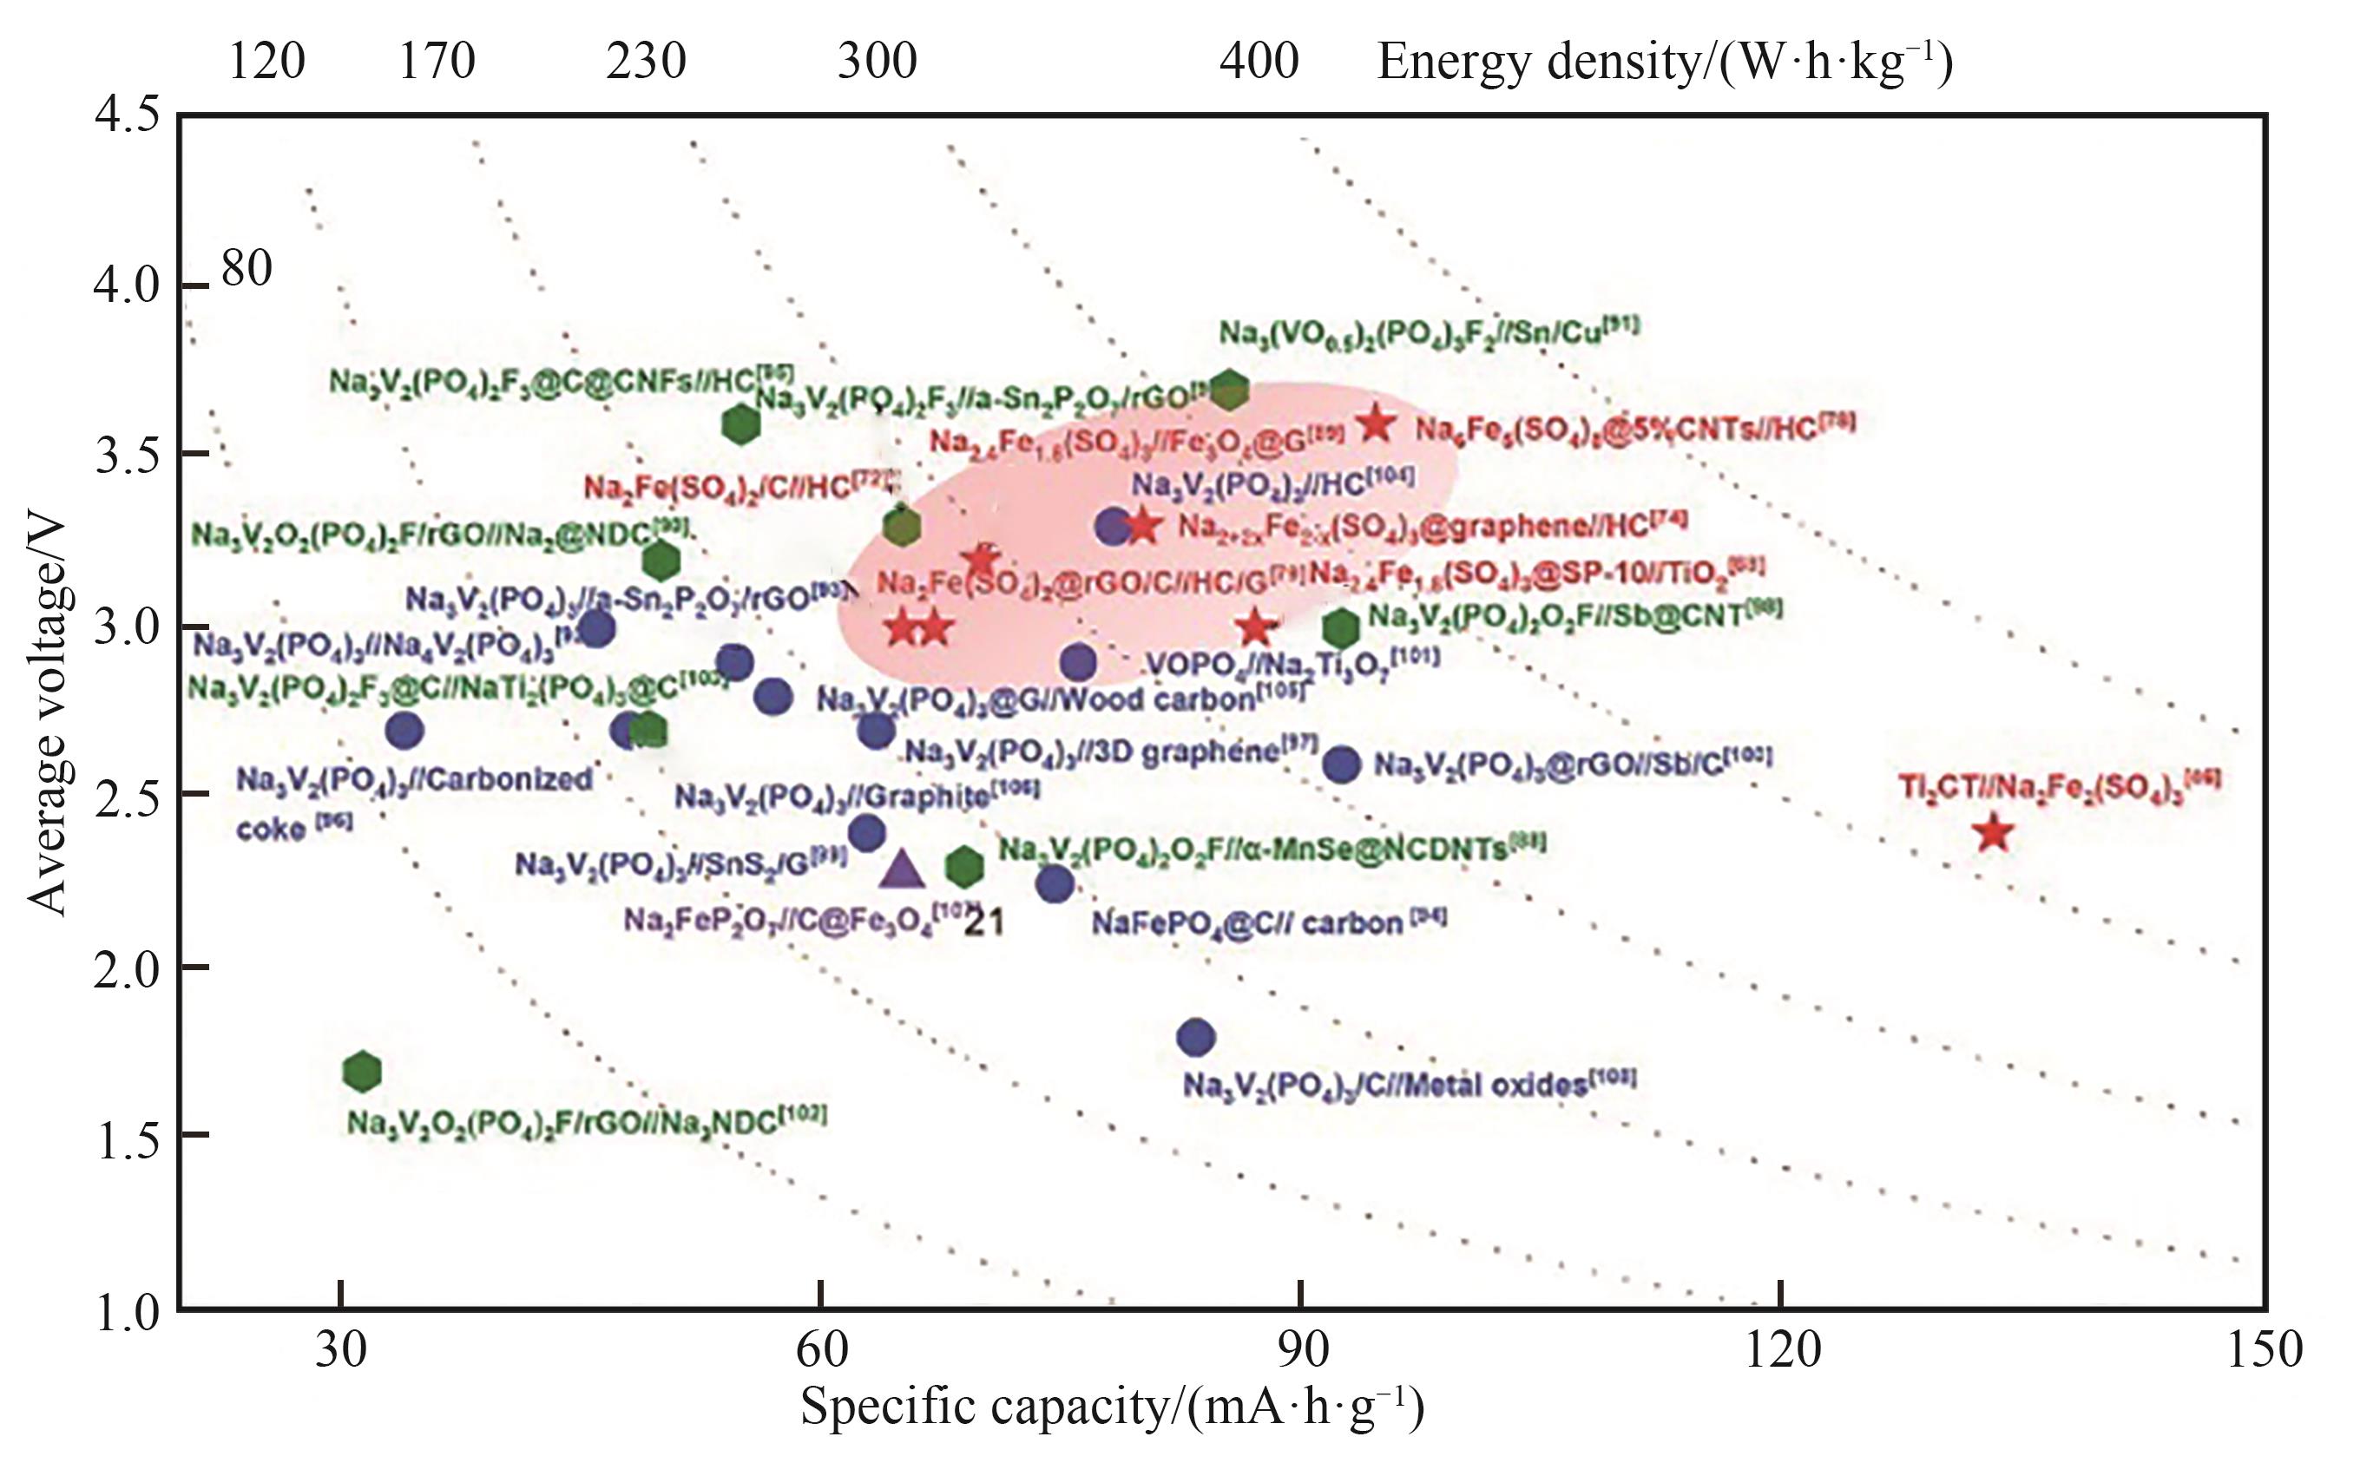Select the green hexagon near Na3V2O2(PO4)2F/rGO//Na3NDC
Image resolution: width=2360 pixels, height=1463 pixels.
point(362,1071)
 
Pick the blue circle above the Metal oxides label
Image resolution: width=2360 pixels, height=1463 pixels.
point(1196,1037)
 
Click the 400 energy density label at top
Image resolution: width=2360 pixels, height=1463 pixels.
point(1258,61)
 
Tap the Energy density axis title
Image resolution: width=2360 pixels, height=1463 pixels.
point(1664,61)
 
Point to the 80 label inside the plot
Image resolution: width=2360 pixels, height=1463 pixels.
point(247,268)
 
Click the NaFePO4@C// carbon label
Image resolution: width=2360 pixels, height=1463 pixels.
point(1267,922)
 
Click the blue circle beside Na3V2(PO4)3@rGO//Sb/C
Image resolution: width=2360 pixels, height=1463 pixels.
point(1342,764)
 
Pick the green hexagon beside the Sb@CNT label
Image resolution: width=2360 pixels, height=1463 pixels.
point(1340,629)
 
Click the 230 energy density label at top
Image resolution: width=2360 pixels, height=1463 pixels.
point(646,61)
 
